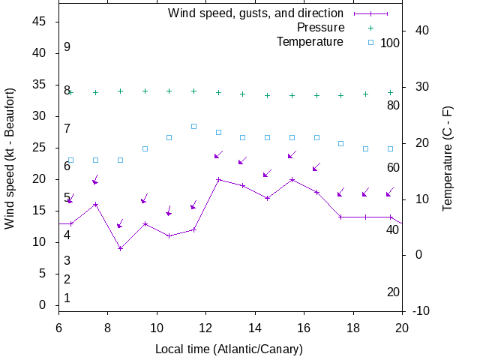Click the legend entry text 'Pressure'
point(320,28)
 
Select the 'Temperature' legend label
point(310,41)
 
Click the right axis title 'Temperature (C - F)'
point(448,157)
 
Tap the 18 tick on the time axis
point(353,327)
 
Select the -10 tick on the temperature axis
point(421,310)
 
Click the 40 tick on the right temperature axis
point(421,31)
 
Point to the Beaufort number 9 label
point(67,47)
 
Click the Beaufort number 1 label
point(67,298)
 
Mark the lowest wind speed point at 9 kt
point(120,248)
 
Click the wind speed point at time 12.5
point(218,179)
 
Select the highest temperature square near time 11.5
point(193,126)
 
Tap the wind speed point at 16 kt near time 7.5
point(95,204)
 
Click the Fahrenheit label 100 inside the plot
point(390,43)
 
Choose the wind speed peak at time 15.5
point(292,179)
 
